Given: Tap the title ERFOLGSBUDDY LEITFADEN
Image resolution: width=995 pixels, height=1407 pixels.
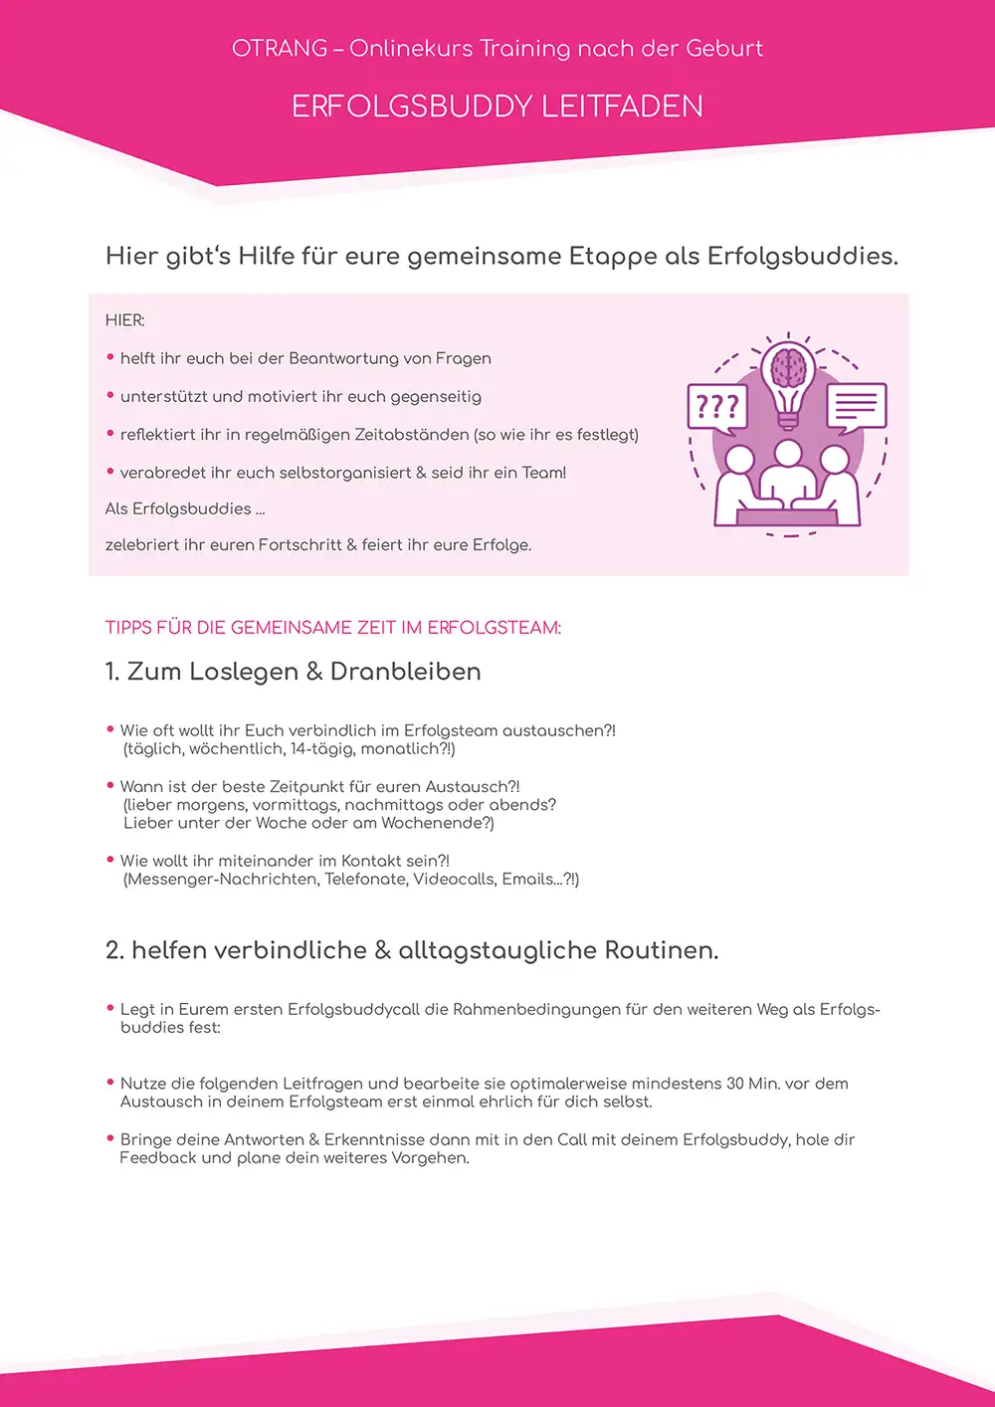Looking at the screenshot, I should (497, 106).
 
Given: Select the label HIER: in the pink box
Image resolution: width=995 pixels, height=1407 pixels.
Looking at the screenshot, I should (125, 320).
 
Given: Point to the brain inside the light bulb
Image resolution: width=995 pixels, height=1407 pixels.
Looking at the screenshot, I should (788, 367).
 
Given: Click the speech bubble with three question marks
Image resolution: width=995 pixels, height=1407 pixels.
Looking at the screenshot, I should (716, 407).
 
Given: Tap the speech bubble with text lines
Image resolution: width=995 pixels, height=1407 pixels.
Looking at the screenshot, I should (856, 406).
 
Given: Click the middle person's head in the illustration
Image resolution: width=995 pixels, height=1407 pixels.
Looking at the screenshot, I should (788, 455).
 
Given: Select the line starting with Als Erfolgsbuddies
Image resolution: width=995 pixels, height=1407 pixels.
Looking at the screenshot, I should (185, 508).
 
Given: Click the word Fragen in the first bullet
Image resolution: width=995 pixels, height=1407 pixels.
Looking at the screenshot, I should (461, 358).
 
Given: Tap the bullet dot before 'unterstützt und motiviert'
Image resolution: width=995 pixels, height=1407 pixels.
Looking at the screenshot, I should (110, 395).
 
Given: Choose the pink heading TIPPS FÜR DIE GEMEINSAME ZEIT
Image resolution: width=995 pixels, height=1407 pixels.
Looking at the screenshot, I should (333, 628).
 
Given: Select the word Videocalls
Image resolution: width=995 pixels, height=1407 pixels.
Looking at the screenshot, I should (455, 879).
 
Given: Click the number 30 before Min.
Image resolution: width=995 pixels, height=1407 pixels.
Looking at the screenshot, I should (737, 1084).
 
